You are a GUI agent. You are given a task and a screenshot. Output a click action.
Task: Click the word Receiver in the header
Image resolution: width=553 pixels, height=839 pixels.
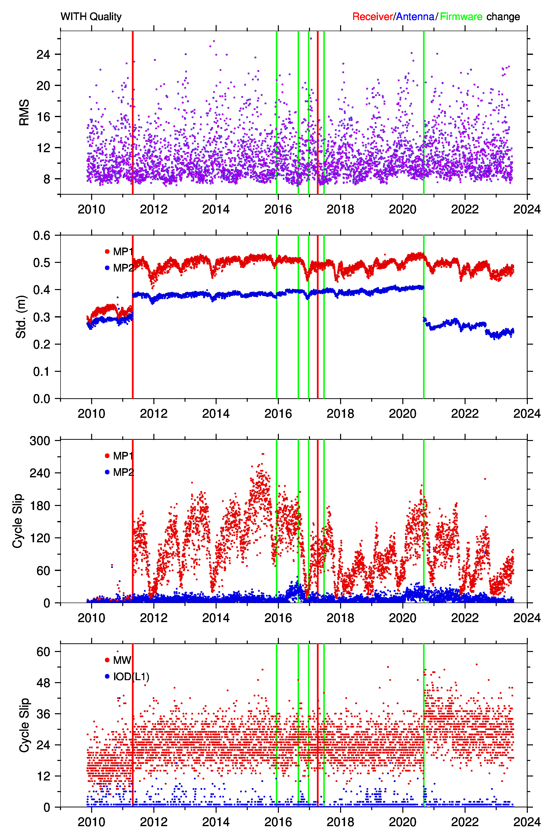point(372,17)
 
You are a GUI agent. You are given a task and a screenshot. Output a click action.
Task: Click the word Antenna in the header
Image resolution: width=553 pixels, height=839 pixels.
point(415,17)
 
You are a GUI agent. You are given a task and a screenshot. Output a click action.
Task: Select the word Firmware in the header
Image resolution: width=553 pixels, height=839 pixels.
point(461,17)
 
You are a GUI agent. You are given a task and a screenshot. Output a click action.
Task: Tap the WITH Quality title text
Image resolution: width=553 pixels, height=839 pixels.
point(91,17)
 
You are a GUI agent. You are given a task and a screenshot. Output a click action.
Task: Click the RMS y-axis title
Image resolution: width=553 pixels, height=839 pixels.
point(24,112)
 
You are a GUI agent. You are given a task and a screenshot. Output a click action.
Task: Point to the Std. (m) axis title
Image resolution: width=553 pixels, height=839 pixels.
point(21,317)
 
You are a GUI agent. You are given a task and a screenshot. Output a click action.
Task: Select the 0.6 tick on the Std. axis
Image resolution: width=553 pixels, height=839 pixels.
point(41,236)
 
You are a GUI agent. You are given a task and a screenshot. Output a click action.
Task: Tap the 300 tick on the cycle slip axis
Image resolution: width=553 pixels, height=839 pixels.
point(40,440)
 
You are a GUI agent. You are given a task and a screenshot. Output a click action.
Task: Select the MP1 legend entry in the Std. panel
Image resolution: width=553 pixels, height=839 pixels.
point(119,252)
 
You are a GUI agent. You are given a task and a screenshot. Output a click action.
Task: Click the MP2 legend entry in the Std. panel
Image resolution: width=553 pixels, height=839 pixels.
point(119,268)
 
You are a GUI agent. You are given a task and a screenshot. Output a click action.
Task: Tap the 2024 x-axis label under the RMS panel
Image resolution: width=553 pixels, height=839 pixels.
point(527,210)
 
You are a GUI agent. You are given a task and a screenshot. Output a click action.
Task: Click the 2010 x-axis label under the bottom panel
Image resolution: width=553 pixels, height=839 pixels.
point(91,822)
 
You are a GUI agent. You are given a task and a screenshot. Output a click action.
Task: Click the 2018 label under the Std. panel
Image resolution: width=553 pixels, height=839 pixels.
point(340,414)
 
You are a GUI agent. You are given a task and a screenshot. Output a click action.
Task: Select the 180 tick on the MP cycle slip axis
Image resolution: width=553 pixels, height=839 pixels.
point(40,505)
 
